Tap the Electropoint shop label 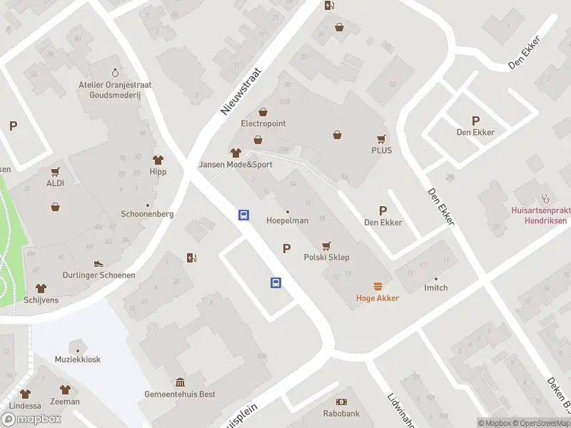coord(263,123)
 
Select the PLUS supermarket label coord(381,151)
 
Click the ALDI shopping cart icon coord(55,172)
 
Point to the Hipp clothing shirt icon coord(158,160)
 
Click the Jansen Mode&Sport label coord(236,164)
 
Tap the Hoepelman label coord(287,220)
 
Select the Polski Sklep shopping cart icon coord(327,245)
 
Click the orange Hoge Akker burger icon coord(378,286)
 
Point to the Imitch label coord(435,287)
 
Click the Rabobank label coord(340,412)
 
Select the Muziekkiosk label coord(77,360)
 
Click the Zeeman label coord(65,402)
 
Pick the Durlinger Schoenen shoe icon coord(98,263)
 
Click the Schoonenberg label coord(148,214)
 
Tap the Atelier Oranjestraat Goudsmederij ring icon coord(115,73)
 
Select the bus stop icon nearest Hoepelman coord(243,214)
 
